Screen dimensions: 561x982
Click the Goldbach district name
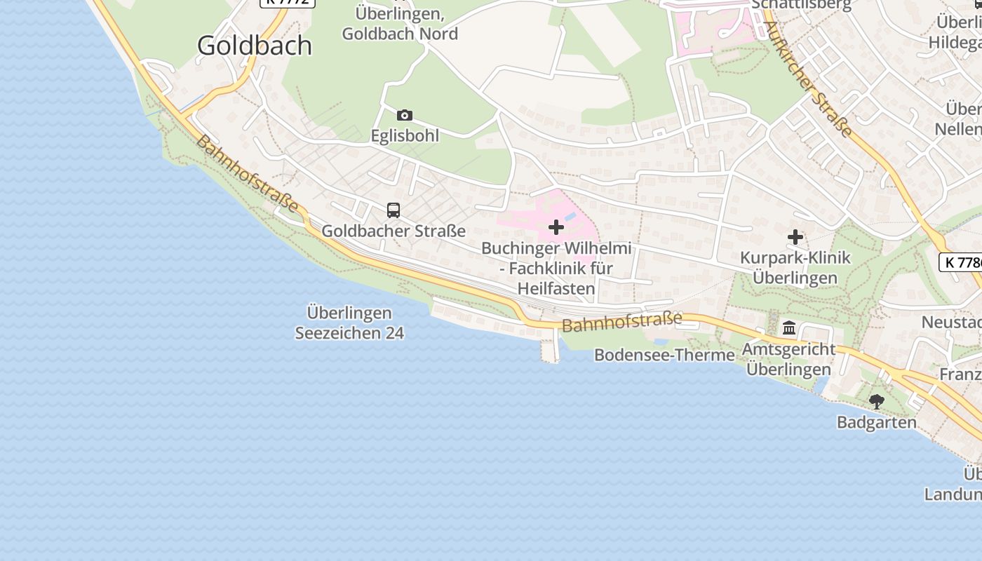pyautogui.click(x=254, y=46)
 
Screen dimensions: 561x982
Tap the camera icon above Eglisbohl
pyautogui.click(x=405, y=115)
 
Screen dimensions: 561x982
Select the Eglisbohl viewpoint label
pyautogui.click(x=405, y=135)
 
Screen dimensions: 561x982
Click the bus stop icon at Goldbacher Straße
pyautogui.click(x=394, y=210)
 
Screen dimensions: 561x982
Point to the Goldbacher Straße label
pyautogui.click(x=394, y=230)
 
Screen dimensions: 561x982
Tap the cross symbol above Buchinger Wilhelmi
pyautogui.click(x=556, y=227)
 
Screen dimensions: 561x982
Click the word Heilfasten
pyautogui.click(x=556, y=288)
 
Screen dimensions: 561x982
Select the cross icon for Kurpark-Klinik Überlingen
pyautogui.click(x=795, y=237)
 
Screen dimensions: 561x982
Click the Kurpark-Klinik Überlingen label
pyautogui.click(x=795, y=267)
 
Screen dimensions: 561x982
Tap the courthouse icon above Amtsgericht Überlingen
pyautogui.click(x=789, y=327)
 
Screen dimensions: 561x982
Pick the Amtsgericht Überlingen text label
pyautogui.click(x=789, y=358)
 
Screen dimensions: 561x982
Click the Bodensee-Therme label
pyautogui.click(x=664, y=355)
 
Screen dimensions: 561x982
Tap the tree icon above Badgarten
pyautogui.click(x=876, y=402)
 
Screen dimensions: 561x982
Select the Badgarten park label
pyautogui.click(x=876, y=422)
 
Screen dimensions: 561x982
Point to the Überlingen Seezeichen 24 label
pyautogui.click(x=349, y=323)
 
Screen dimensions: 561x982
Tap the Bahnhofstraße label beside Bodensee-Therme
pyautogui.click(x=621, y=323)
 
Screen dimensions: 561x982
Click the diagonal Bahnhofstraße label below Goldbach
pyautogui.click(x=247, y=174)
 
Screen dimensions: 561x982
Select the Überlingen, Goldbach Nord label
pyautogui.click(x=400, y=23)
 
